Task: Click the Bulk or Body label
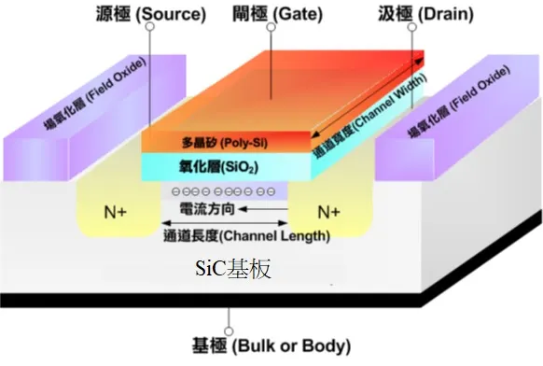[271, 345]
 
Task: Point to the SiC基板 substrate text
[232, 270]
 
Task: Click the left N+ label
[116, 212]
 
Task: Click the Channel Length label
[245, 234]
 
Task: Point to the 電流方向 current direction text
[221, 213]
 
